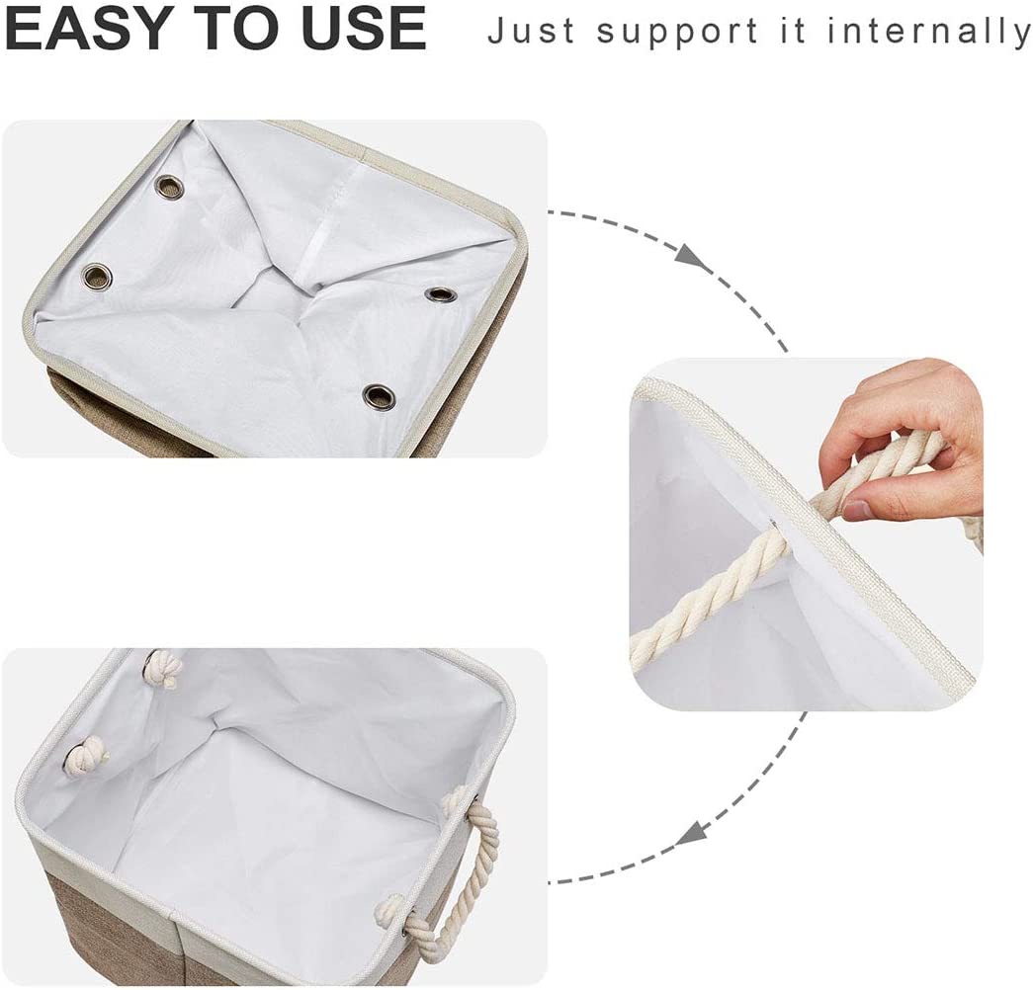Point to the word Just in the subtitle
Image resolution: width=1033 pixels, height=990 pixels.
coord(534,31)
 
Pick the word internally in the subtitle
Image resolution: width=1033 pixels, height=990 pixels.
coord(929,31)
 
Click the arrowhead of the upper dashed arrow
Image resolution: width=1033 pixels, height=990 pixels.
coord(693,254)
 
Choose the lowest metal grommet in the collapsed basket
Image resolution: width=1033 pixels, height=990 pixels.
coord(377,397)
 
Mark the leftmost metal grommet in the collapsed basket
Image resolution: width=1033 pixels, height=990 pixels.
coord(96,274)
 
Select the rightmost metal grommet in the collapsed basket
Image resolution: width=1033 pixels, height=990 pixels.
coord(438,293)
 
